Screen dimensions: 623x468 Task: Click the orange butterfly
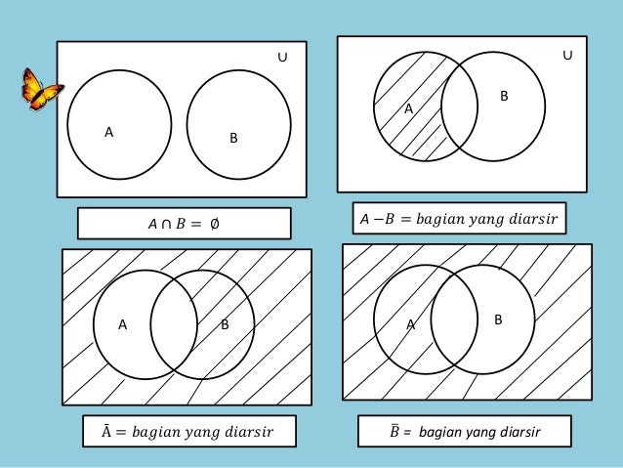[41, 92]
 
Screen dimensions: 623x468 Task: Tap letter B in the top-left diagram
[232, 140]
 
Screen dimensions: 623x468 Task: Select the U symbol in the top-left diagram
[281, 59]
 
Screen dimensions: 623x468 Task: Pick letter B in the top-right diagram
[504, 97]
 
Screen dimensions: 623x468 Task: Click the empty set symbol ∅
[214, 225]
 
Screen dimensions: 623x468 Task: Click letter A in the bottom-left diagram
[124, 325]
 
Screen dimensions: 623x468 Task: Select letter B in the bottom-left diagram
[225, 325]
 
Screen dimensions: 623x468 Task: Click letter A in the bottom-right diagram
[411, 325]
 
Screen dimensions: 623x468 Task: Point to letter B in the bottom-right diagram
[497, 319]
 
